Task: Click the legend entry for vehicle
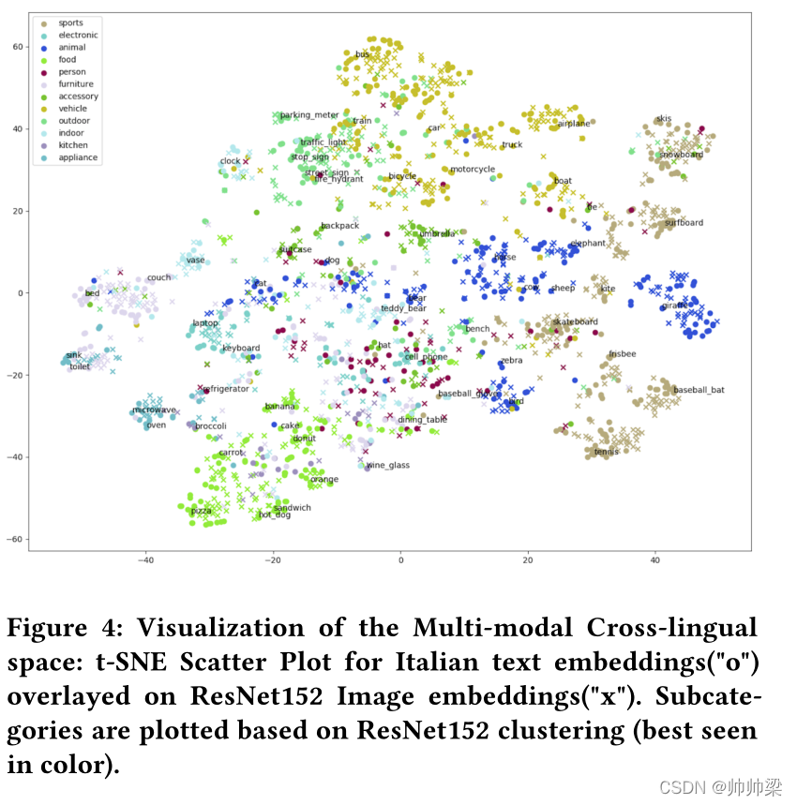72,109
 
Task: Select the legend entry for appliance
77,157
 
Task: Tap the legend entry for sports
70,22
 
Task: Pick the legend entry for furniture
75,84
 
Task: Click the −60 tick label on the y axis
14,539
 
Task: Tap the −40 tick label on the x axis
145,560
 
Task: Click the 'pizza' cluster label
201,511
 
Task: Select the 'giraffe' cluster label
675,306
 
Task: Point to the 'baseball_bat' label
699,389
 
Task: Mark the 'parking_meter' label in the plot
309,115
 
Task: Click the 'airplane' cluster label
574,124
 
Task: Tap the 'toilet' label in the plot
80,366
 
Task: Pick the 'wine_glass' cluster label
387,465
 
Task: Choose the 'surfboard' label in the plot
684,223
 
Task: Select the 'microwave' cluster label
154,410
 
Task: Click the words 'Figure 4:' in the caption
67,629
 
